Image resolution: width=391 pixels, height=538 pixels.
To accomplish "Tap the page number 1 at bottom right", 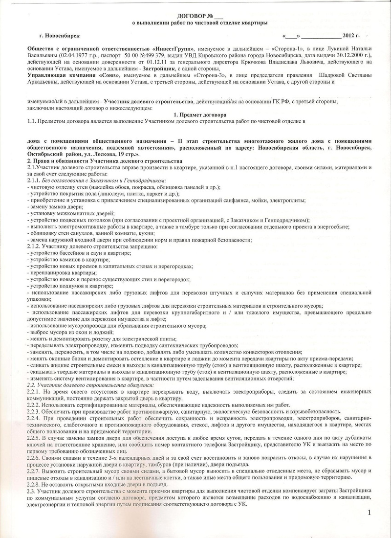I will [369, 512].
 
